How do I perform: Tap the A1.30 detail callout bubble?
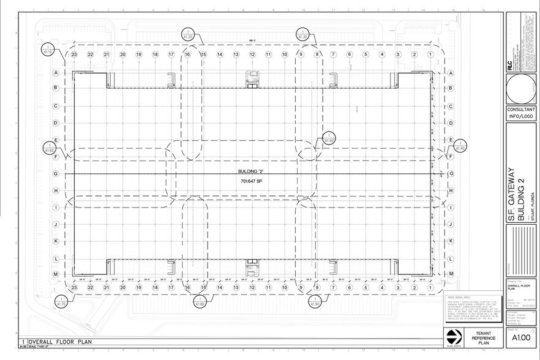click(x=302, y=34)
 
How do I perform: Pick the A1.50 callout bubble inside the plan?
click(x=329, y=138)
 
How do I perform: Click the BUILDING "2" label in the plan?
click(x=250, y=172)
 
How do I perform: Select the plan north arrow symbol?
click(x=452, y=337)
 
